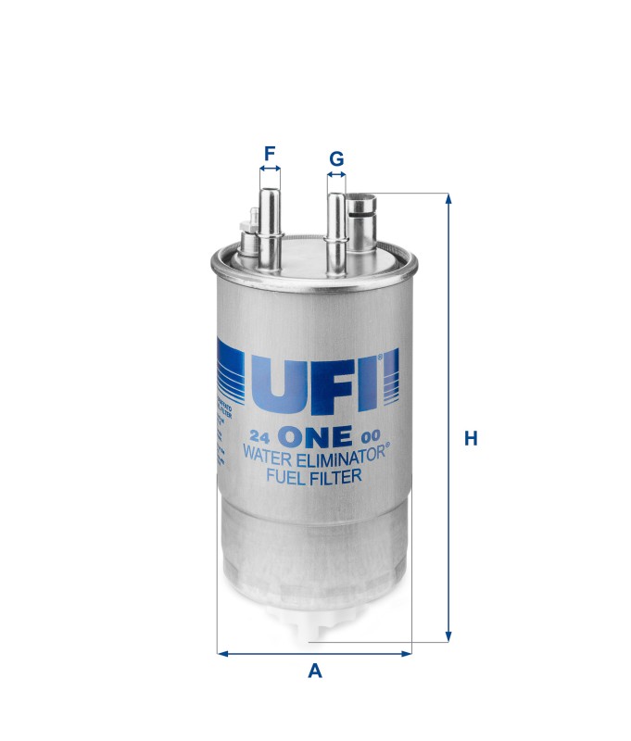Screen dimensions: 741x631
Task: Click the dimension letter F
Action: coord(270,152)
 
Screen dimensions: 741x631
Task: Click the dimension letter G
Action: coord(336,158)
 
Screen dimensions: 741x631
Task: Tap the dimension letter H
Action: coord(471,438)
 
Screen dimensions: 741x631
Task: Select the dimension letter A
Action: coord(315,671)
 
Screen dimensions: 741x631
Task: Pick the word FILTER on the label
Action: coord(337,477)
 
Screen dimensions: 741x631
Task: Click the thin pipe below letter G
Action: coord(336,232)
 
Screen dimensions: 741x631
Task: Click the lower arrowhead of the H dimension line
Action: coord(449,636)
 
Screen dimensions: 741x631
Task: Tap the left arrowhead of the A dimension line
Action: coord(222,653)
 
